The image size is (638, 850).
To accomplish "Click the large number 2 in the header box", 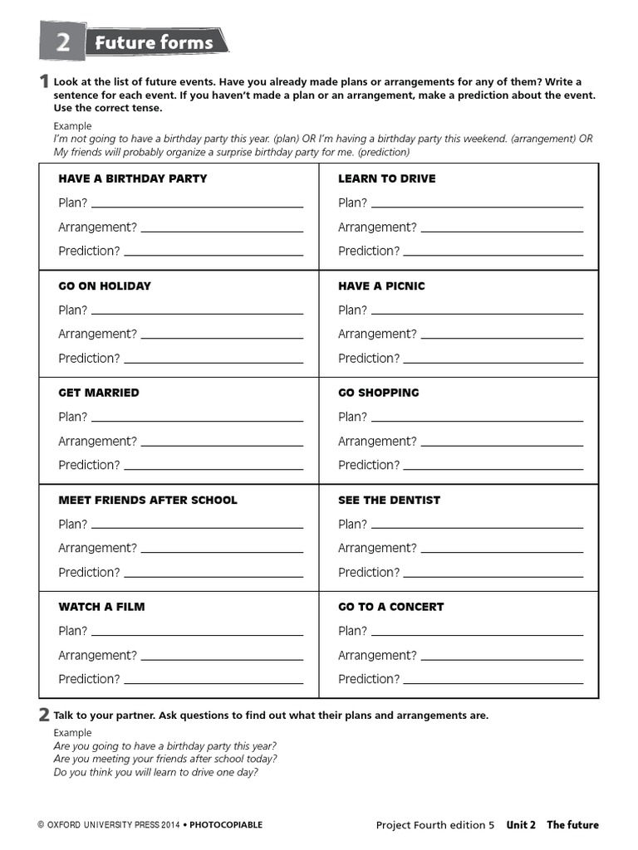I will [x=62, y=42].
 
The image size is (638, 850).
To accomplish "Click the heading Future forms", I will [x=154, y=42].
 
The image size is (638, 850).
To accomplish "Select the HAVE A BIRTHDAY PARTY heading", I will [x=133, y=178].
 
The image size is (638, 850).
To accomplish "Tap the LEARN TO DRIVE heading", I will [x=386, y=178].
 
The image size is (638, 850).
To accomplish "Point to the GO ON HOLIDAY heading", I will [x=105, y=286].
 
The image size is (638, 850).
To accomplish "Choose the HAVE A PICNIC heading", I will [x=381, y=286].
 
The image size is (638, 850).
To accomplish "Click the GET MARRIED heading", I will [x=99, y=393].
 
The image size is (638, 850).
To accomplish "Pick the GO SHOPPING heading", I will [x=379, y=393].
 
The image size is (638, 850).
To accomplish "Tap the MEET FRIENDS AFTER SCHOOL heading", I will [x=148, y=500].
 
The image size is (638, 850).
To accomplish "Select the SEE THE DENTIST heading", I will [x=389, y=500].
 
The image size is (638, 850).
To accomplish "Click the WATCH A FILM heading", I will [x=101, y=607].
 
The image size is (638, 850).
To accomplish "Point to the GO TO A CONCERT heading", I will [x=390, y=607].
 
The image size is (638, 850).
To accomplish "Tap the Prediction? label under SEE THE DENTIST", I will [x=369, y=572].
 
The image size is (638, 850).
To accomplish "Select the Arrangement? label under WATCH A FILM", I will [x=97, y=655].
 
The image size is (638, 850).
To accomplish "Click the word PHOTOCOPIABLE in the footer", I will [x=226, y=825].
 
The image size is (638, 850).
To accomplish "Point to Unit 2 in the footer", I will [x=521, y=825].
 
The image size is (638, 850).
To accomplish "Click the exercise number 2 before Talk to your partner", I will [x=43, y=715].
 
